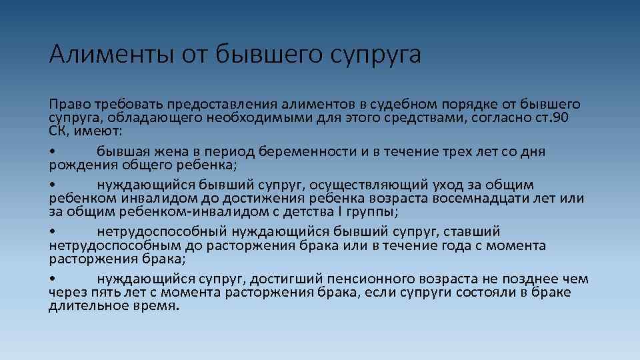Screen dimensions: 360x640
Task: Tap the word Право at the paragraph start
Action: click(69, 105)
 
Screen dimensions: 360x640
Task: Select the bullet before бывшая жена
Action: click(52, 152)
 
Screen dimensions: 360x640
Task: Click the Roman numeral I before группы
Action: click(339, 212)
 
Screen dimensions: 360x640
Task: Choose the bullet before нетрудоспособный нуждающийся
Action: click(52, 233)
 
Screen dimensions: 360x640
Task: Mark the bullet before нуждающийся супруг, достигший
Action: click(52, 279)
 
